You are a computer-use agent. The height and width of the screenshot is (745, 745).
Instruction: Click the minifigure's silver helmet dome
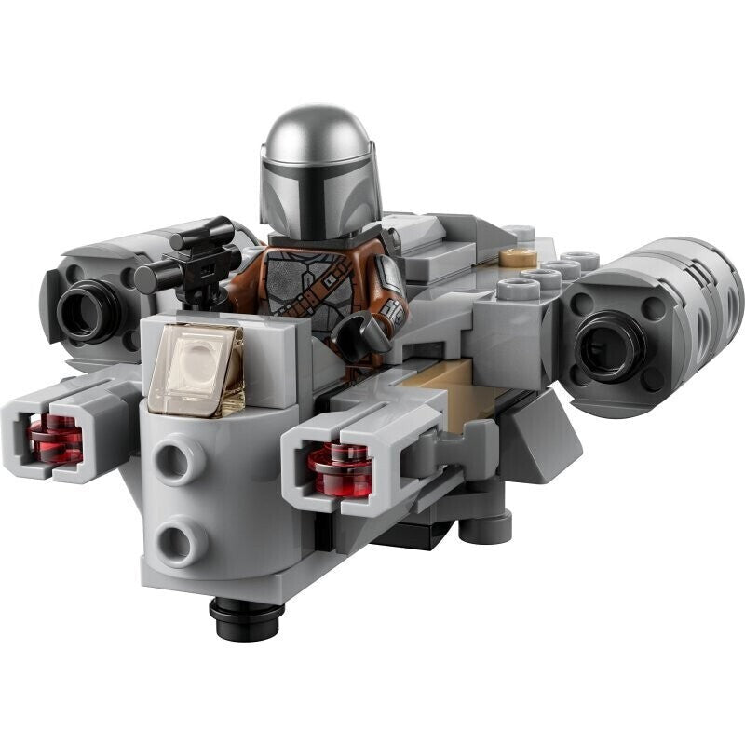click(x=316, y=140)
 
